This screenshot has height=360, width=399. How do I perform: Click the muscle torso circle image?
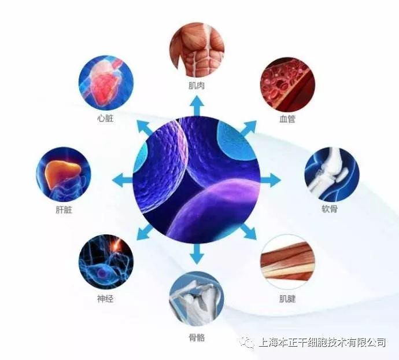(197, 50)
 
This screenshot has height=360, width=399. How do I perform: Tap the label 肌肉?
(197, 86)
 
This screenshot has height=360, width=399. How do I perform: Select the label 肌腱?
(287, 300)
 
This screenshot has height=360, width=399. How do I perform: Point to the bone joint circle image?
(197, 299)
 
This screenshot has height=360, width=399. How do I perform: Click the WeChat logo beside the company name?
(247, 343)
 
